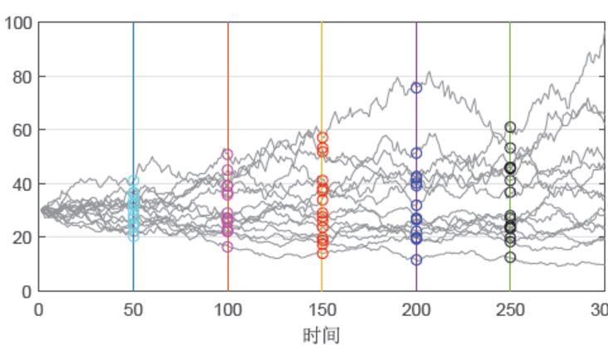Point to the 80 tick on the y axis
click(x=20, y=77)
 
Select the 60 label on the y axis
click(x=20, y=130)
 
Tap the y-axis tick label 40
click(x=20, y=183)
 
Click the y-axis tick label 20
click(x=20, y=237)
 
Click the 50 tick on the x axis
click(x=134, y=310)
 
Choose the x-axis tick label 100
click(x=228, y=310)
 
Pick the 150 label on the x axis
click(x=322, y=310)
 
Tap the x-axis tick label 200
click(x=416, y=310)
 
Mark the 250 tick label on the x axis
click(x=510, y=310)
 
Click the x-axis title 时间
click(x=322, y=335)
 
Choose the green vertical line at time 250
click(x=510, y=83)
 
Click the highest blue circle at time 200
click(x=416, y=88)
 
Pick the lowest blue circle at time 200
click(x=416, y=260)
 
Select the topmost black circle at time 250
click(x=510, y=127)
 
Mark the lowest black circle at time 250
click(x=510, y=257)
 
